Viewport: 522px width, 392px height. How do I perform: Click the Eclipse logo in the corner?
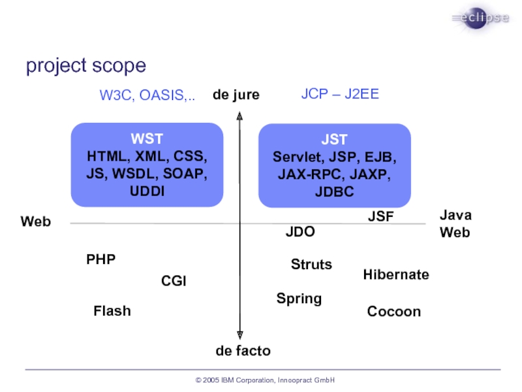coord(480,18)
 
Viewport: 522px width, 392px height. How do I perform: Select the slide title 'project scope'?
coord(86,66)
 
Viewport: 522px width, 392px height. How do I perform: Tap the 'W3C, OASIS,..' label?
coord(147,95)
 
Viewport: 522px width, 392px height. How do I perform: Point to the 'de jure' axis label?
coord(236,95)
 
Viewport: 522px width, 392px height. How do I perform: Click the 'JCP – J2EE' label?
coord(340,94)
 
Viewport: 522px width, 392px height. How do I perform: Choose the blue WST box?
coord(147,165)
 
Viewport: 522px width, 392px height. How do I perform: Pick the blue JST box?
coord(334,165)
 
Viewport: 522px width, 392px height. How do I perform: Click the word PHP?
coord(101,259)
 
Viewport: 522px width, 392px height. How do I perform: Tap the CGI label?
coord(174,281)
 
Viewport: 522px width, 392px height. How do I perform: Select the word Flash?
coord(112,311)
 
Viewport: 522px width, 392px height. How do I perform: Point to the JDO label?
coord(300,232)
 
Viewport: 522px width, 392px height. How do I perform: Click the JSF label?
coord(381,217)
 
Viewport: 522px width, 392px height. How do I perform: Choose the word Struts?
coord(311,265)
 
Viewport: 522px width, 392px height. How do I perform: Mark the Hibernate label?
coord(396,275)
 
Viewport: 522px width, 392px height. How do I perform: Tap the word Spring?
coord(299,299)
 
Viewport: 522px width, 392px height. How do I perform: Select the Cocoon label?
coord(394,312)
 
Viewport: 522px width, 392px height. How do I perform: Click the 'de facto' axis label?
coord(243,351)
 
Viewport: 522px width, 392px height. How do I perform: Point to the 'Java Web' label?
coord(455,223)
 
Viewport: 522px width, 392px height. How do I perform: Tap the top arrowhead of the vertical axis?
coord(240,117)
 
